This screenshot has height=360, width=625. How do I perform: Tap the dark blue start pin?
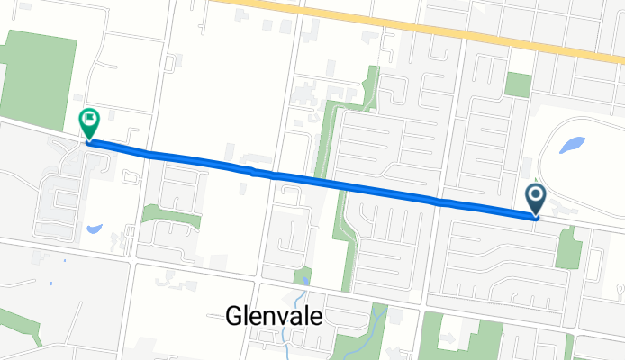pyautogui.click(x=536, y=200)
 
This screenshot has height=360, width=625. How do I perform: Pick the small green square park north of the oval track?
pyautogui.click(x=518, y=85)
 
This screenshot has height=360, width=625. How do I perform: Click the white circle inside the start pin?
pyautogui.click(x=536, y=194)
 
